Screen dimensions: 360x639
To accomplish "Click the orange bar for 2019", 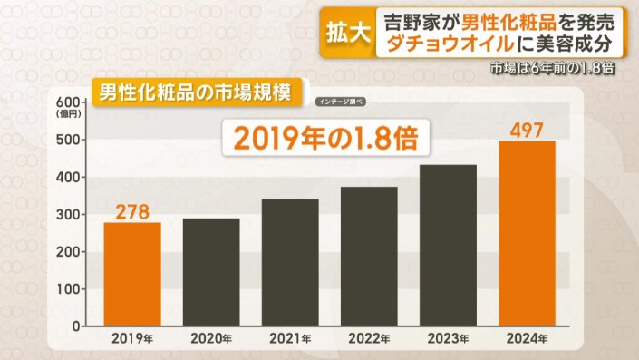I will [x=131, y=274].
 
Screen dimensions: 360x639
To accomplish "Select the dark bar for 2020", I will [x=210, y=272].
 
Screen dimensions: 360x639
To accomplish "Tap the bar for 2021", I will [x=289, y=262].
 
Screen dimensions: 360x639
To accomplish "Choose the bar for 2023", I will [x=448, y=245].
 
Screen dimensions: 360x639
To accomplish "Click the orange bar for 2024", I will [x=527, y=233].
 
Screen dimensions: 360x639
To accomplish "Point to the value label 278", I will [x=131, y=212].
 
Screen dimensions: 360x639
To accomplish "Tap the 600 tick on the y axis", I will [x=68, y=102].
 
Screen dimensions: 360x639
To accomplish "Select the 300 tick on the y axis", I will [x=68, y=215].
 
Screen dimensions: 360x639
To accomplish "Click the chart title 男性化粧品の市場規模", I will [x=193, y=92].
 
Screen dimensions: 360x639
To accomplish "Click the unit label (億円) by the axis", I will [x=67, y=114].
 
